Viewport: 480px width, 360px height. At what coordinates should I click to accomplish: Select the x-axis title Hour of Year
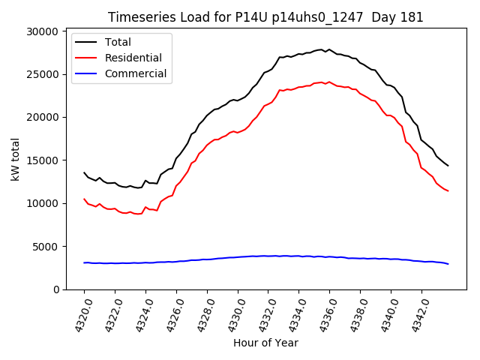265,343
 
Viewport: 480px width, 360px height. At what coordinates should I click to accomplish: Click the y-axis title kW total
15,160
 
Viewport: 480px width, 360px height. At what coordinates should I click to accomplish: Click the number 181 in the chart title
412,17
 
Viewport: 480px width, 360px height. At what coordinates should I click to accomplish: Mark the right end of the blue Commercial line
448,263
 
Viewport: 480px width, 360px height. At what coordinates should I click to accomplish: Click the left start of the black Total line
84,172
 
